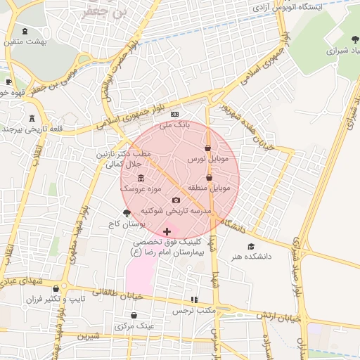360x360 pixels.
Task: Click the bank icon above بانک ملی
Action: tap(175, 114)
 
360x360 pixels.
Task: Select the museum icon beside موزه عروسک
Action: tap(141, 177)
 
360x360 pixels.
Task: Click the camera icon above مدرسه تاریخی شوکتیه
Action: tap(176, 200)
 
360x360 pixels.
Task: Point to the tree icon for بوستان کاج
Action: tap(127, 213)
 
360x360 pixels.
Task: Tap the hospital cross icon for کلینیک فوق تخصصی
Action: tap(167, 231)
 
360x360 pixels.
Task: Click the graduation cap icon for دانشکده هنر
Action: tap(251, 246)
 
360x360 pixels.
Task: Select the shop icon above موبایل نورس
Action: tap(207, 148)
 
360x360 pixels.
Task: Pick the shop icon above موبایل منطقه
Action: tap(209, 178)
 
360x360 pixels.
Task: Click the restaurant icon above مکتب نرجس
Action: tap(194, 300)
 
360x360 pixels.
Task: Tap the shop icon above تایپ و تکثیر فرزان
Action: tap(56, 289)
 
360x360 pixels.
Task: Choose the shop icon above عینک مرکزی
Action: tap(134, 316)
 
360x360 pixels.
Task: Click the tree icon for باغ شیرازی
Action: tap(354, 39)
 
